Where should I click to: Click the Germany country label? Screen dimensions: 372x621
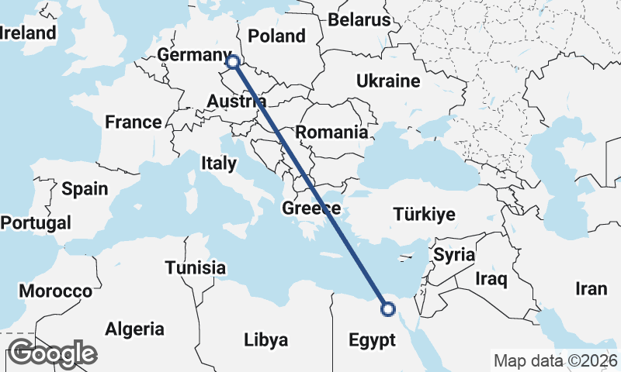(x=189, y=55)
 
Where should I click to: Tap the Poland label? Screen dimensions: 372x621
(x=276, y=36)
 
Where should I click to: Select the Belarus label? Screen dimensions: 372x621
(x=358, y=19)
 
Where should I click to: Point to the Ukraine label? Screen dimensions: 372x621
(x=388, y=81)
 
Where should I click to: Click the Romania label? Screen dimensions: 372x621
(x=331, y=132)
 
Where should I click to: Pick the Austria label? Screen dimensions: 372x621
(x=237, y=102)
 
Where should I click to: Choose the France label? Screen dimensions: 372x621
(x=134, y=122)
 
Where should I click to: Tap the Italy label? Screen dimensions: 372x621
(x=218, y=163)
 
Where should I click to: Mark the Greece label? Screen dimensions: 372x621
(x=311, y=208)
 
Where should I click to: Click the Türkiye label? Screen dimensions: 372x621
(x=424, y=214)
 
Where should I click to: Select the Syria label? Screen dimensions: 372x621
(x=453, y=254)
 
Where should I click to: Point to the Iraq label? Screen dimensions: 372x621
(x=491, y=277)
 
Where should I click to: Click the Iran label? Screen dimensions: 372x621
(x=591, y=289)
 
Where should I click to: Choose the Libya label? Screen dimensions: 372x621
(x=265, y=339)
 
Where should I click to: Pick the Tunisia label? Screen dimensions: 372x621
(x=195, y=268)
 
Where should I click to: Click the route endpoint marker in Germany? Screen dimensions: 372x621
(x=231, y=61)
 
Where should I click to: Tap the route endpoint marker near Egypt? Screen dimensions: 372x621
(x=387, y=310)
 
